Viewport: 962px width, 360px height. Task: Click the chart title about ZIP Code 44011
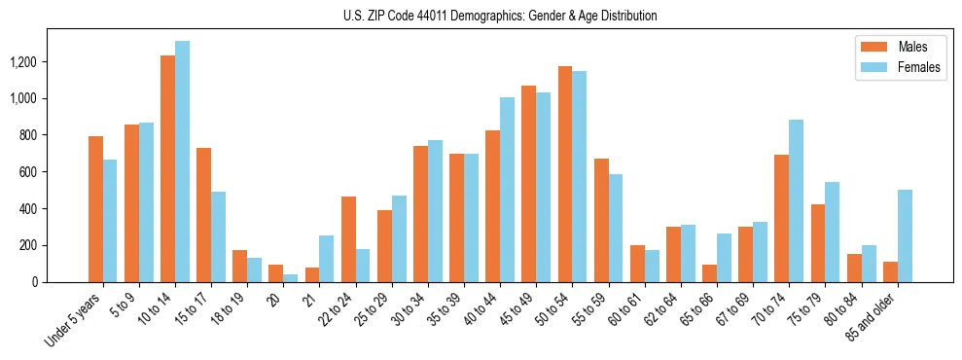(500, 16)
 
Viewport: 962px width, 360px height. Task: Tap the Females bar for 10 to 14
(182, 162)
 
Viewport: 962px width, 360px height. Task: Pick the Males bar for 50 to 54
(565, 174)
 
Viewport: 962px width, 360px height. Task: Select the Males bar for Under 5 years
(95, 209)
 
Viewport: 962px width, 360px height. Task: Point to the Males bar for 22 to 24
(348, 239)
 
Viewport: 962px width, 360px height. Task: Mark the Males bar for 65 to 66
(709, 273)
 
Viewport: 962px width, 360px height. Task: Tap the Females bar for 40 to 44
(507, 190)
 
